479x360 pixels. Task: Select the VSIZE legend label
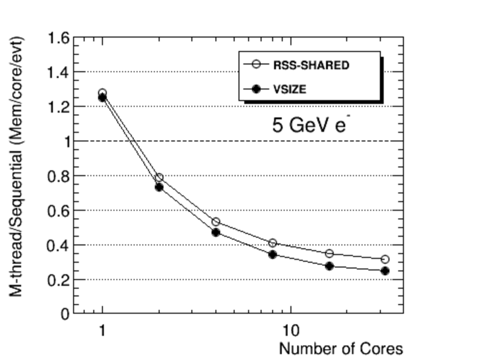(x=290, y=89)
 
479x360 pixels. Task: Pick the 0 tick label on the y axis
(x=64, y=314)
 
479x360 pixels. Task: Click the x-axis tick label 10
(x=291, y=331)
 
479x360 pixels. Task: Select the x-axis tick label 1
(x=102, y=331)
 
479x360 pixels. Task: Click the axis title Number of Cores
(x=340, y=348)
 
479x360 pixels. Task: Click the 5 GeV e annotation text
(x=309, y=125)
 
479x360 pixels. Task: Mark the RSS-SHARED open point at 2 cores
(x=159, y=178)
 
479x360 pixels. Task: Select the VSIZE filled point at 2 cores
(x=159, y=187)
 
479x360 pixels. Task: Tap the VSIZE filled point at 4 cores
(x=216, y=232)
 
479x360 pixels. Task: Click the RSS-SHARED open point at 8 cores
(x=272, y=243)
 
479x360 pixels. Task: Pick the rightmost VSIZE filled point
(x=385, y=271)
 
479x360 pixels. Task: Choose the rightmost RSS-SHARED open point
(x=385, y=260)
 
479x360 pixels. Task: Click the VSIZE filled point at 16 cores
(x=329, y=266)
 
